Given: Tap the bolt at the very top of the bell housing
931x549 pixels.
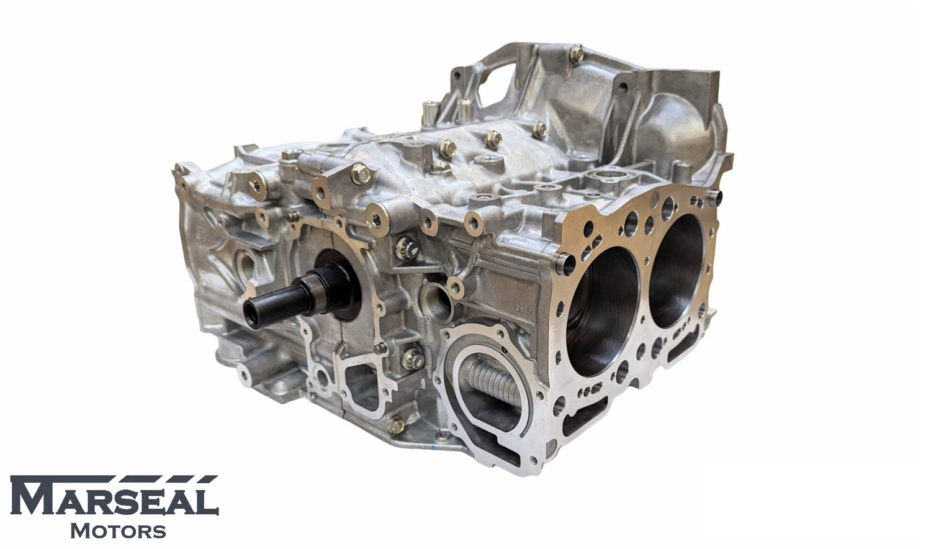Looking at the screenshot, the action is (575, 54).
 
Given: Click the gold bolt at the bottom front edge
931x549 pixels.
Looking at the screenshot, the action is (395, 424).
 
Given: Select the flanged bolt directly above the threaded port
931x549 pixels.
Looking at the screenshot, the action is (406, 248).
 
